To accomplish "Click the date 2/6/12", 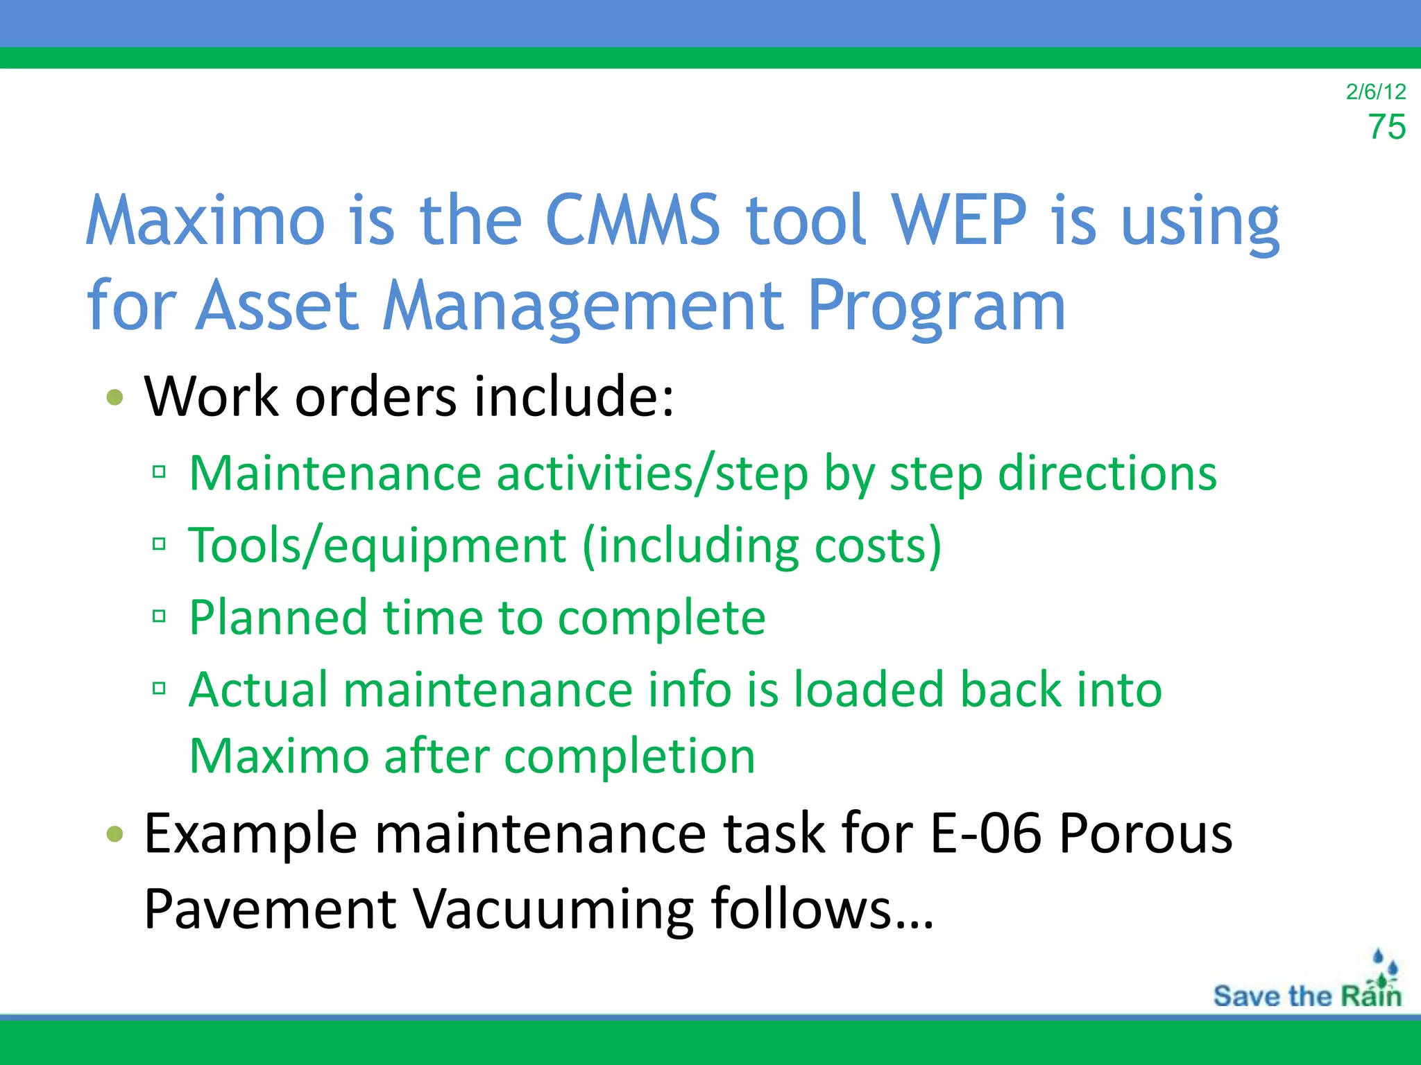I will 1375,92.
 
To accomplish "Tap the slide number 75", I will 1386,128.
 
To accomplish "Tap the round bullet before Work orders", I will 115,398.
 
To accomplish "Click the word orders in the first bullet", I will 375,397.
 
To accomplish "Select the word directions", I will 1107,474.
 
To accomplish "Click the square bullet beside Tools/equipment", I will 159,544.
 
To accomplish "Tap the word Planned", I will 278,617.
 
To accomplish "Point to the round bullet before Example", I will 115,833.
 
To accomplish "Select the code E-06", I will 985,833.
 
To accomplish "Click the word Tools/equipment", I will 377,546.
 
